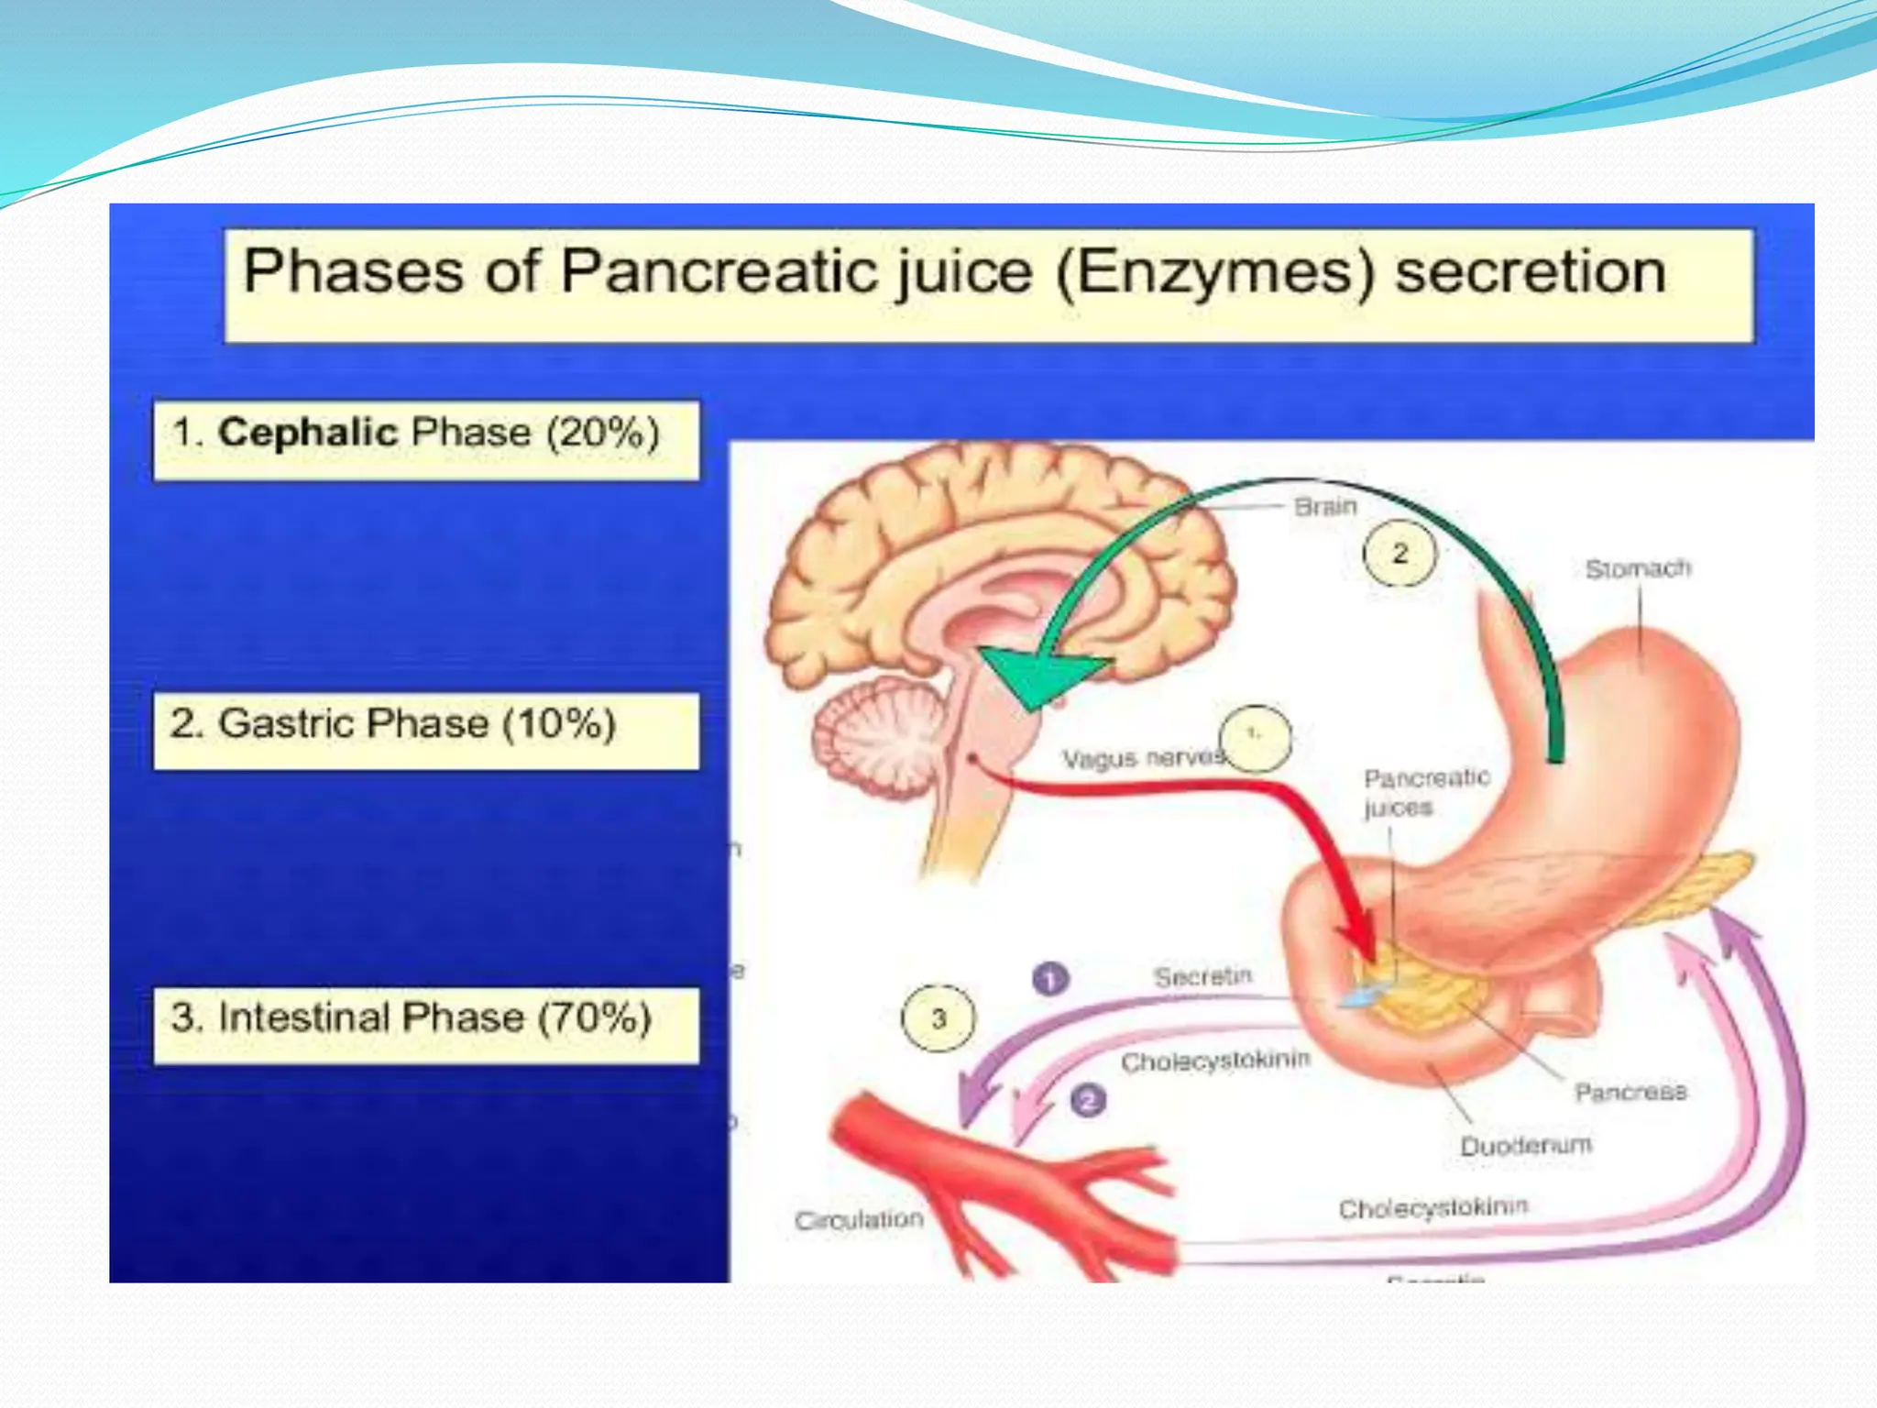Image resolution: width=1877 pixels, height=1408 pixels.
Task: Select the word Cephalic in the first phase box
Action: [x=307, y=433]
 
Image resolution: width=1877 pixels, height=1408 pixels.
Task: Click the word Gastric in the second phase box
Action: [x=280, y=724]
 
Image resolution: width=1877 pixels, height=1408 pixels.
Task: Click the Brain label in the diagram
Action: [x=1324, y=506]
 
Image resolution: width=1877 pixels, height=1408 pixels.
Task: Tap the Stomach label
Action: [x=1638, y=569]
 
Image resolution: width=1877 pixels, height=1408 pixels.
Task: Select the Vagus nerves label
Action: [x=1143, y=758]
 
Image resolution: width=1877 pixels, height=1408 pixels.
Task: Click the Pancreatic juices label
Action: [x=1425, y=792]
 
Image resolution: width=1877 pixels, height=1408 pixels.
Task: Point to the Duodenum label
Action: [x=1525, y=1146]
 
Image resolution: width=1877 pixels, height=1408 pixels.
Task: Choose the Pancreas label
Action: [x=1630, y=1092]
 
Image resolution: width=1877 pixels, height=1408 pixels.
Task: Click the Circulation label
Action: [x=859, y=1220]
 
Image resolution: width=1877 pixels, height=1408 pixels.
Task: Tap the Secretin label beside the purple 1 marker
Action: [x=1202, y=977]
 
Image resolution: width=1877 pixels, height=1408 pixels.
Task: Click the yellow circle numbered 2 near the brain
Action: [x=1400, y=554]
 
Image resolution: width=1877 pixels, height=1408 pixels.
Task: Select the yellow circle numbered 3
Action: [x=938, y=1018]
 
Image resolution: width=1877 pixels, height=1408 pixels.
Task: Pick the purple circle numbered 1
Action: [x=1050, y=978]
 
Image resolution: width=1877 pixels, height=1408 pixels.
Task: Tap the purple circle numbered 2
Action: [x=1088, y=1099]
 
